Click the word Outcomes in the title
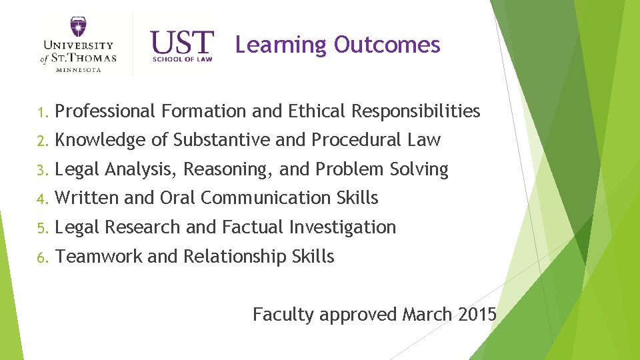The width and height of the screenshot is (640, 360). click(x=387, y=45)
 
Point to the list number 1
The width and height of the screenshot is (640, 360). click(x=41, y=112)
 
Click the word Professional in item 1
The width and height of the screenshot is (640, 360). click(x=105, y=111)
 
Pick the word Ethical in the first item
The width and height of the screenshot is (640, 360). click(x=316, y=111)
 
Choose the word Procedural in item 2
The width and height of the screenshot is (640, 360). click(x=353, y=140)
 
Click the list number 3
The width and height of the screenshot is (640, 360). click(x=41, y=170)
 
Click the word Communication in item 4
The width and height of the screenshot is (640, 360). click(x=265, y=198)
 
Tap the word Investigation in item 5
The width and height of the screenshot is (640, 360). click(x=342, y=227)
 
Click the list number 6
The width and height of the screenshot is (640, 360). click(x=41, y=257)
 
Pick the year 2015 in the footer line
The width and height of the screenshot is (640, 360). click(x=477, y=314)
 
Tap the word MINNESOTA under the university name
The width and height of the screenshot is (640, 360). click(x=78, y=70)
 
